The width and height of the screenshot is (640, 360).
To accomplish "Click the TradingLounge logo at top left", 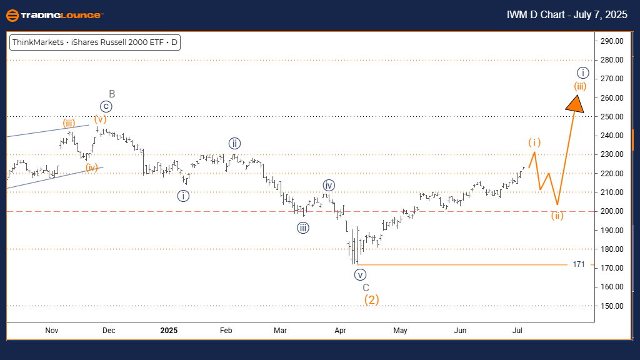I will pyautogui.click(x=54, y=15).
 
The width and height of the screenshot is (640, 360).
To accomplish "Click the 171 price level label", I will pyautogui.click(x=579, y=264).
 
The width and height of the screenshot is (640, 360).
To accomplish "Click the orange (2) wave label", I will pyautogui.click(x=371, y=299).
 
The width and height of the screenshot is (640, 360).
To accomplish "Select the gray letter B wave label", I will pyautogui.click(x=112, y=94).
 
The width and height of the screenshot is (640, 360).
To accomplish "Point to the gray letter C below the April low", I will pyautogui.click(x=366, y=287).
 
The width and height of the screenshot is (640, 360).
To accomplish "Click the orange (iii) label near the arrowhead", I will pyautogui.click(x=580, y=86).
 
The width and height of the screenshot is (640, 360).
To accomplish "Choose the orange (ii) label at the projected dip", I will pyautogui.click(x=557, y=216).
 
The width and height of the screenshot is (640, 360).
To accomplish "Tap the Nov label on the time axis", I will pyautogui.click(x=52, y=330).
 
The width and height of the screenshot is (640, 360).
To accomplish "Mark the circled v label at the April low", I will pyautogui.click(x=359, y=274).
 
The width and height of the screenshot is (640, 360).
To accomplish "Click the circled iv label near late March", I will pyautogui.click(x=329, y=185).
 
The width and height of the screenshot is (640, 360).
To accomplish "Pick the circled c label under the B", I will pyautogui.click(x=106, y=106).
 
